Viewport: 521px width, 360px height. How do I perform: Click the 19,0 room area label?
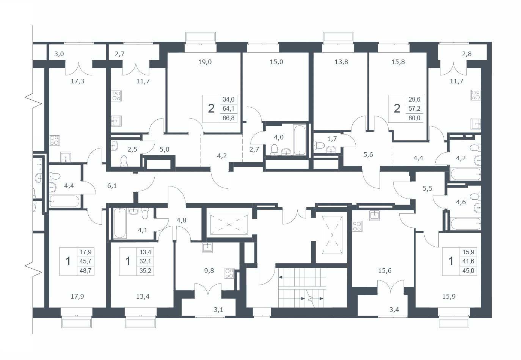click(x=205, y=62)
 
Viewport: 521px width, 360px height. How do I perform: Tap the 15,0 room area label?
click(x=276, y=62)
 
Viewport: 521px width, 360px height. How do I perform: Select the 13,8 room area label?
click(x=341, y=62)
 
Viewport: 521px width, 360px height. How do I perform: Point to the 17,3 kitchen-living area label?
click(x=77, y=81)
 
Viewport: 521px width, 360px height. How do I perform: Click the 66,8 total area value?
click(x=228, y=118)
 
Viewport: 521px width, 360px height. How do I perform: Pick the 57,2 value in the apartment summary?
click(x=414, y=109)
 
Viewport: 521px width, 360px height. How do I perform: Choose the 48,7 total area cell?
click(x=86, y=271)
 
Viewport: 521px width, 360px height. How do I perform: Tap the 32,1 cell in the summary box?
click(x=145, y=261)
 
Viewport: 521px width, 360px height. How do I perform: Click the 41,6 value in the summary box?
click(x=468, y=261)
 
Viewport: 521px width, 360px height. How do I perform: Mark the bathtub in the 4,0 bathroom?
click(x=300, y=140)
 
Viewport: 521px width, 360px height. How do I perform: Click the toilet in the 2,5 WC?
click(x=124, y=161)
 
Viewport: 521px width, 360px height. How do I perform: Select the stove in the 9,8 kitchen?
click(x=229, y=273)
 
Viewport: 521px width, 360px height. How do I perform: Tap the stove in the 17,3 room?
click(x=55, y=140)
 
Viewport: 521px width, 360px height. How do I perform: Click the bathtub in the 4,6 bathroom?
click(x=466, y=224)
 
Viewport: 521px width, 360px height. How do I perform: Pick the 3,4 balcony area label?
click(x=394, y=310)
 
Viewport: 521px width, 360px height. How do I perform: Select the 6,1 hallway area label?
click(x=112, y=186)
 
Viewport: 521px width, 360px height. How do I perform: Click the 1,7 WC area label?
click(x=332, y=139)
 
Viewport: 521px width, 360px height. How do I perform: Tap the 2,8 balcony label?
click(x=467, y=54)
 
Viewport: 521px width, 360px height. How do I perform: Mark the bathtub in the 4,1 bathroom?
click(x=120, y=223)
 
